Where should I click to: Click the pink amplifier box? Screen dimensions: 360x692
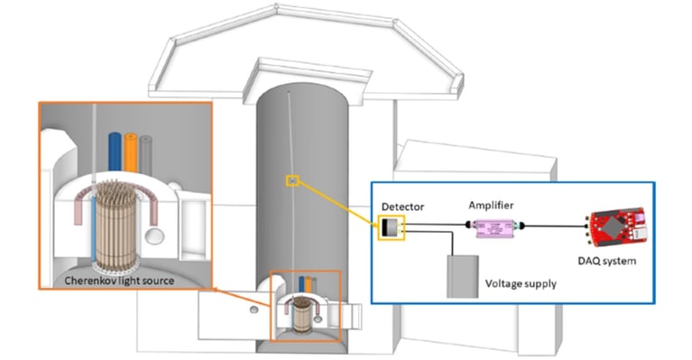coord(494,231)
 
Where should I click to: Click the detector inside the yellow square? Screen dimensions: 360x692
coord(392,229)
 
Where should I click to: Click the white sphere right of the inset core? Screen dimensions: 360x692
coord(158,237)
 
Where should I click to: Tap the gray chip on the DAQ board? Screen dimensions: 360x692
coord(614,226)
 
